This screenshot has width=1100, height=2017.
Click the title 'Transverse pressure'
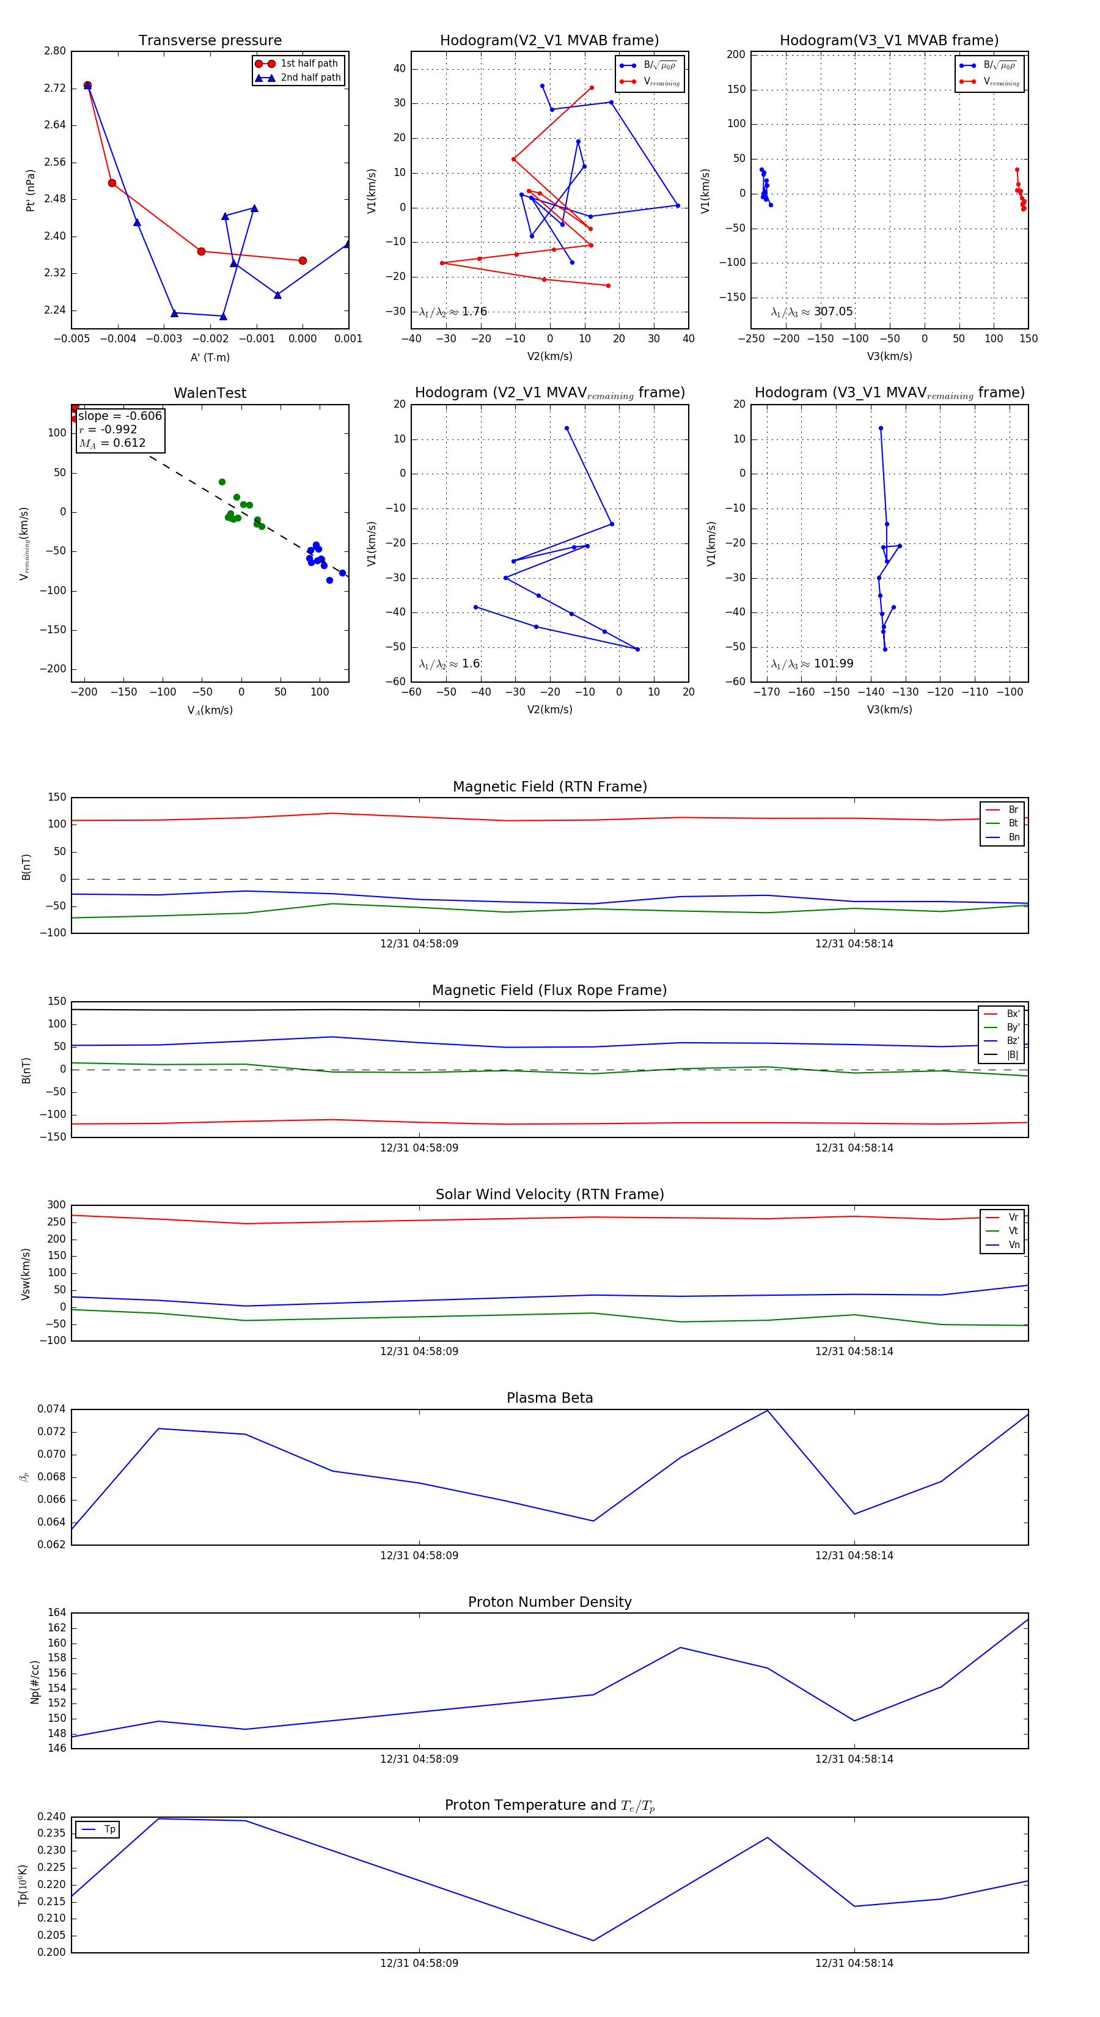click(210, 41)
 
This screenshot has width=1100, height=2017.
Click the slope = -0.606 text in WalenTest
click(120, 416)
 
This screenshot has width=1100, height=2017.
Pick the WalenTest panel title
click(210, 393)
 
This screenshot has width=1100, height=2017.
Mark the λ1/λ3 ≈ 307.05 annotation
click(812, 312)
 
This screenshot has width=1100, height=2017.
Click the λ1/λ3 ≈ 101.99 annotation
click(812, 664)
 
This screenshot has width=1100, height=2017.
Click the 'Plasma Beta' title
click(549, 1398)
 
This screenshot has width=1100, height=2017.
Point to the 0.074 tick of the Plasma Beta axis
click(52, 1409)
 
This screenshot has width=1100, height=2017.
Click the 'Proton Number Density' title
click(549, 1602)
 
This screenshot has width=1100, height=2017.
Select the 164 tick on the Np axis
click(57, 1612)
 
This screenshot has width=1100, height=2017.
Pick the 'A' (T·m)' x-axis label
click(210, 357)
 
